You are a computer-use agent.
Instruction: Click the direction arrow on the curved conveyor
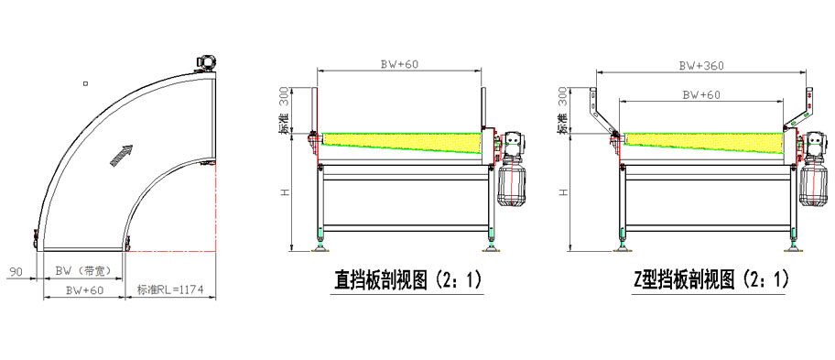tap(122, 155)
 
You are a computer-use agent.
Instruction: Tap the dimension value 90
tap(16, 271)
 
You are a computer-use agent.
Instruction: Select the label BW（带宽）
tap(83, 271)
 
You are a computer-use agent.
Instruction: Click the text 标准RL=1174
tap(170, 289)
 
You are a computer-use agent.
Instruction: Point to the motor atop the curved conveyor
tap(204, 61)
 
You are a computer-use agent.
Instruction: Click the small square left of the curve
tap(86, 83)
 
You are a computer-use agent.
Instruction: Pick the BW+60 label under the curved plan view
tap(83, 290)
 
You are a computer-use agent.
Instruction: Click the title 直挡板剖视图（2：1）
tap(407, 279)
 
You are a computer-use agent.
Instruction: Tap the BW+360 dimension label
tap(700, 65)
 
